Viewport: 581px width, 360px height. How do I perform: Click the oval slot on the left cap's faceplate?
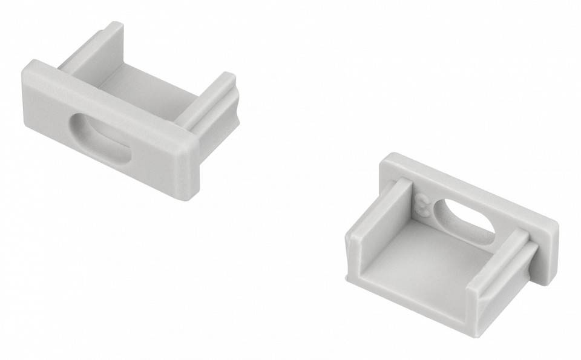pos(99,139)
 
